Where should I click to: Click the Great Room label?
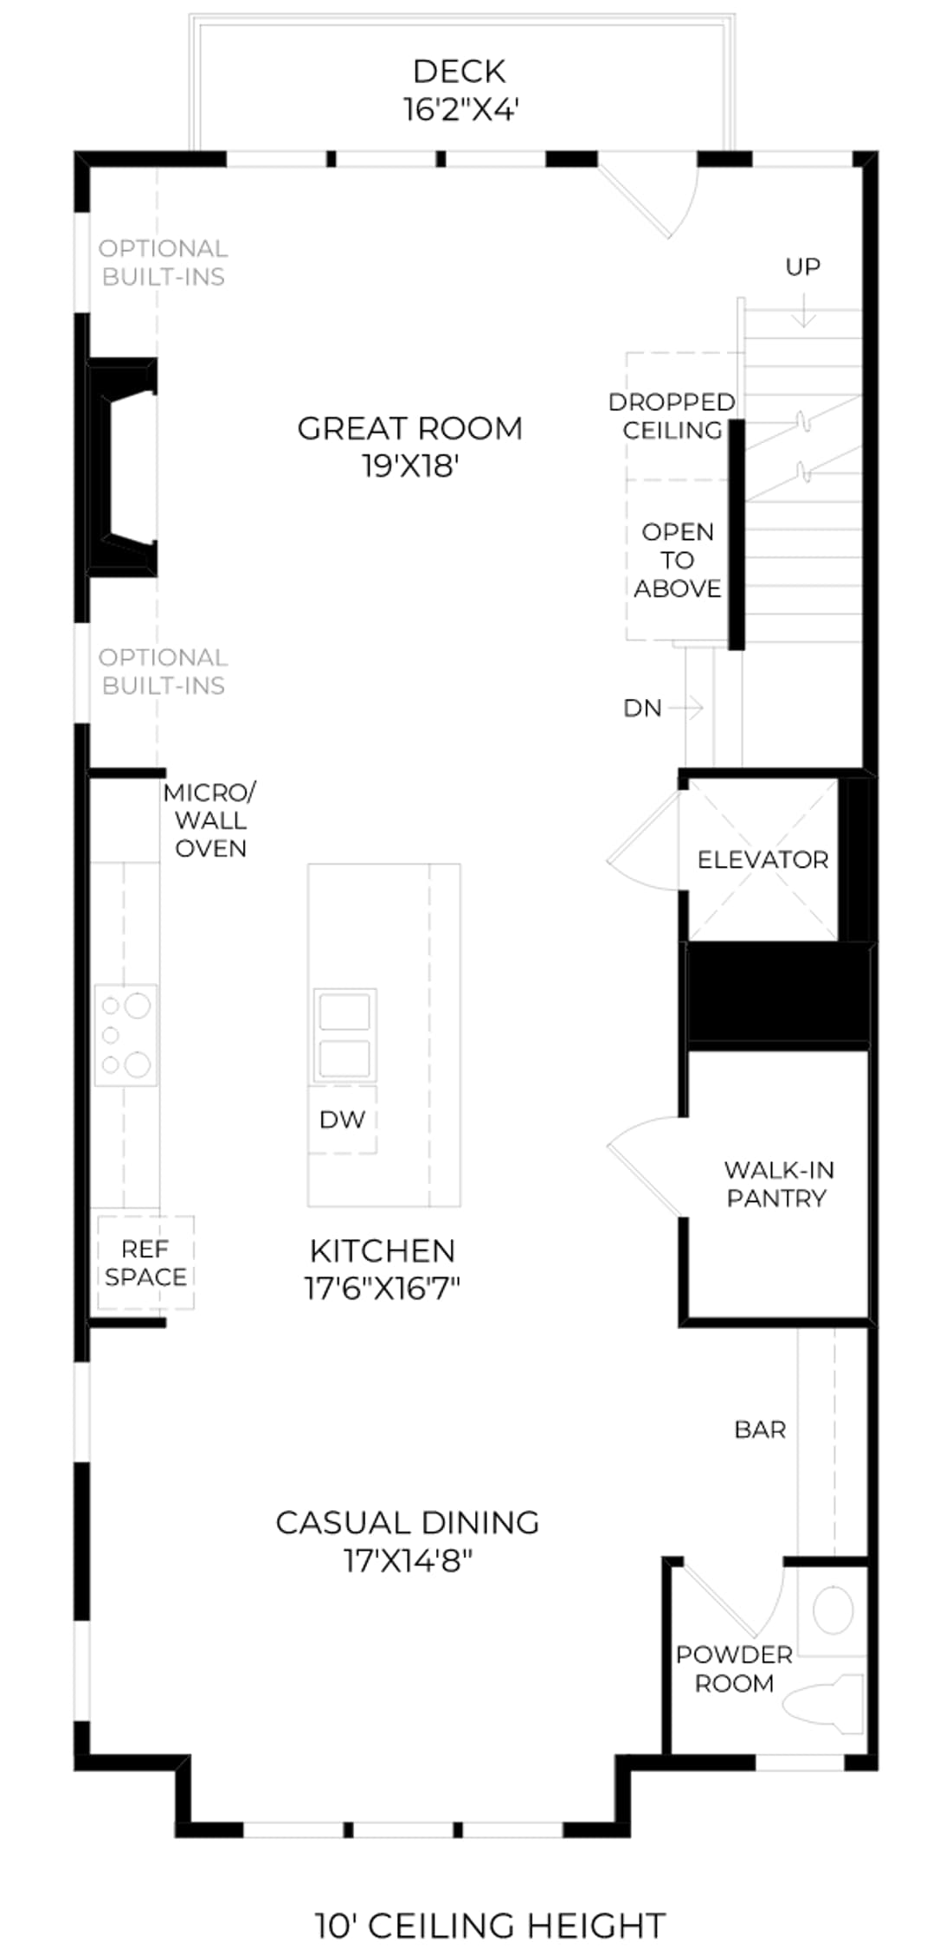tap(409, 428)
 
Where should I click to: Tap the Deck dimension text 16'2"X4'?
tap(460, 110)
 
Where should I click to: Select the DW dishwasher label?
tap(342, 1120)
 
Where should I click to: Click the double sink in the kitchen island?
tap(344, 1035)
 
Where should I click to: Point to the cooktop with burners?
tap(125, 1035)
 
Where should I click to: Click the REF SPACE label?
tap(145, 1263)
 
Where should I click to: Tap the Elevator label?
tap(762, 859)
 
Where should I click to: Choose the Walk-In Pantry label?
tap(778, 1184)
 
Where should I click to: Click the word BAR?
tap(760, 1430)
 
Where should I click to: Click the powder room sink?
tap(833, 1610)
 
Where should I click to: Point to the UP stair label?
tap(802, 267)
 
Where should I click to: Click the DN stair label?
tap(642, 708)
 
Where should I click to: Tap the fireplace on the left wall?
tap(122, 467)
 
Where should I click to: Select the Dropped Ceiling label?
tap(672, 416)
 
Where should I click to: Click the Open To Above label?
tap(678, 560)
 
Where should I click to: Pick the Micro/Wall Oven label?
tap(209, 820)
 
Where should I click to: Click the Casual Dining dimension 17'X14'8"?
tap(408, 1561)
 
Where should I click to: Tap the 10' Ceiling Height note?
tap(490, 1901)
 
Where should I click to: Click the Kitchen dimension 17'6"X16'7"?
tap(382, 1288)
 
